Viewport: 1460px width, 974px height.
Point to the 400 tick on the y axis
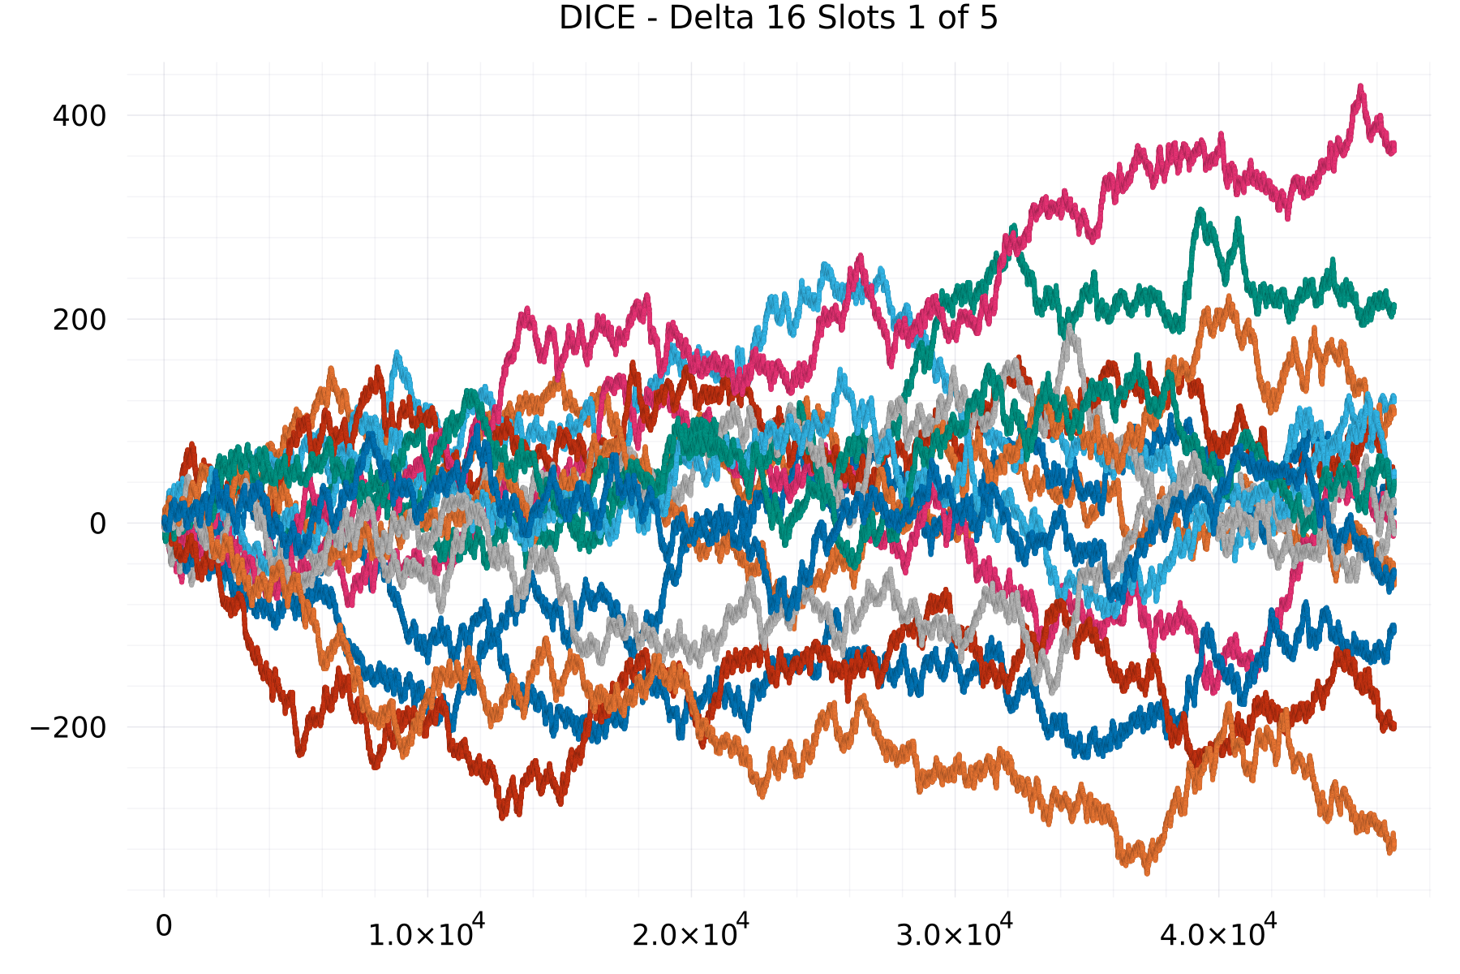(x=79, y=116)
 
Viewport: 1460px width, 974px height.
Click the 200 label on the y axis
(x=79, y=320)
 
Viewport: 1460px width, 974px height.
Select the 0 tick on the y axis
(x=98, y=524)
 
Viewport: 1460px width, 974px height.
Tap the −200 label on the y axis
(x=68, y=728)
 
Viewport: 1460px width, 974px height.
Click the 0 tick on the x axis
(x=164, y=926)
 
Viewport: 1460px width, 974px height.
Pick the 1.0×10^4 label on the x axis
(x=427, y=931)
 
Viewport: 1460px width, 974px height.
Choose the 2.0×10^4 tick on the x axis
(x=690, y=931)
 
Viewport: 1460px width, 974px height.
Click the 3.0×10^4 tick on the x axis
(x=954, y=931)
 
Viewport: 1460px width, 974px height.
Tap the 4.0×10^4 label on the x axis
(x=1217, y=931)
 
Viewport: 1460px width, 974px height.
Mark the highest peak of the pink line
(x=1360, y=88)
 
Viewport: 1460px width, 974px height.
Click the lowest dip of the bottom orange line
(x=1146, y=872)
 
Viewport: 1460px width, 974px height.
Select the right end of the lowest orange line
(x=1392, y=844)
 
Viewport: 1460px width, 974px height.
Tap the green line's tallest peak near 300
(x=1200, y=211)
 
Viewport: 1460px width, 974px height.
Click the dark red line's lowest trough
(x=503, y=816)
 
